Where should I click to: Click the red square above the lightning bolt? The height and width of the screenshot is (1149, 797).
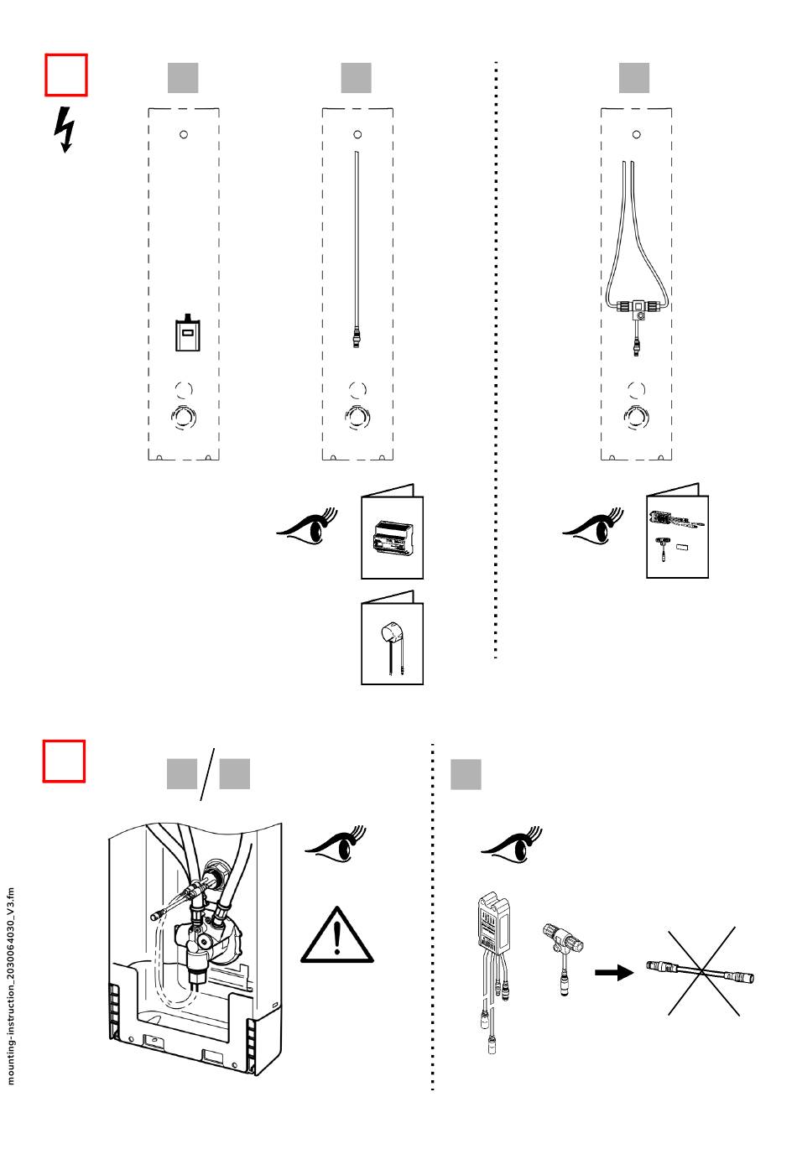pos(65,75)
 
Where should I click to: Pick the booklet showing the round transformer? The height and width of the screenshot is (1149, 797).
pos(392,638)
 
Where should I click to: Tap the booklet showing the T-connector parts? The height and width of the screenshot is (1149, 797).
pos(677,532)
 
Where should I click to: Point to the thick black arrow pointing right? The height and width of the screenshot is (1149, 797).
pos(614,973)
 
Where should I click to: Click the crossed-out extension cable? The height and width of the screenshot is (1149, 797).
pos(701,973)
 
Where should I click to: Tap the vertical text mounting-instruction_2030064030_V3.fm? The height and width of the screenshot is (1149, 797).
pos(11,986)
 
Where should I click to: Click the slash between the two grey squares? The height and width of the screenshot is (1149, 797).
pos(207,773)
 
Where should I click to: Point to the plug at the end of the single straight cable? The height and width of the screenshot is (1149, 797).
pos(357,340)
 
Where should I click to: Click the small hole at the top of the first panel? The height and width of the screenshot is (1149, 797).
pos(184,134)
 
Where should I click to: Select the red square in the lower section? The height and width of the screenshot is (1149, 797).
pos(65,761)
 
